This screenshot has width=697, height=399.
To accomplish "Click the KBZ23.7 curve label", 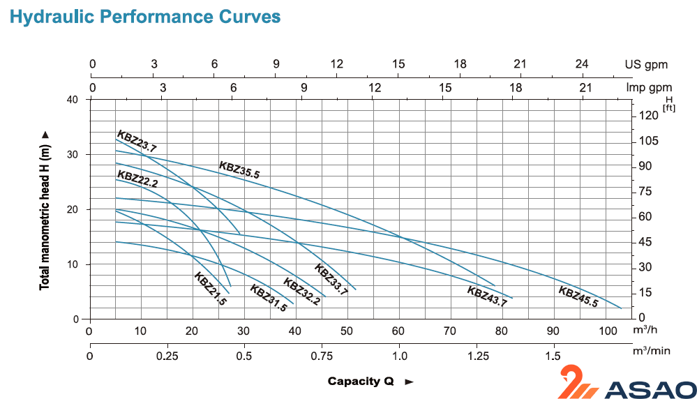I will coord(137,141).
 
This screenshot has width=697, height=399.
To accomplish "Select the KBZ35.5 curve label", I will coord(239,170).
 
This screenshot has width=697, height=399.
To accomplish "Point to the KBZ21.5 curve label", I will coord(211,289).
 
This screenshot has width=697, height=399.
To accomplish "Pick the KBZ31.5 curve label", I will coord(269,299).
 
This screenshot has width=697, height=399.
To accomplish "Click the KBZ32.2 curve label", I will coord(301,292).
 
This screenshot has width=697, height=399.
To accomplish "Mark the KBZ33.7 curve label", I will coord(331,279).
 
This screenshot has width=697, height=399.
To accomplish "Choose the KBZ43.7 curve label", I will coord(487,296).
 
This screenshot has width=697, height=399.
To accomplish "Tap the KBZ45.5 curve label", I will coord(578,296).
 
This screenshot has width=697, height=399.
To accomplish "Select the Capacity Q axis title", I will coord(361,382).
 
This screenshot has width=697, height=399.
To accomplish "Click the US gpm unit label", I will coord(646,64).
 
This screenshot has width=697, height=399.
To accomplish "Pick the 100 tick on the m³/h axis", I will coord(605,331).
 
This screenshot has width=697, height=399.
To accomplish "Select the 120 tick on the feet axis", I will coord(649,116).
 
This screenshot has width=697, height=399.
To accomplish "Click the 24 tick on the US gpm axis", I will coord(582,64).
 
